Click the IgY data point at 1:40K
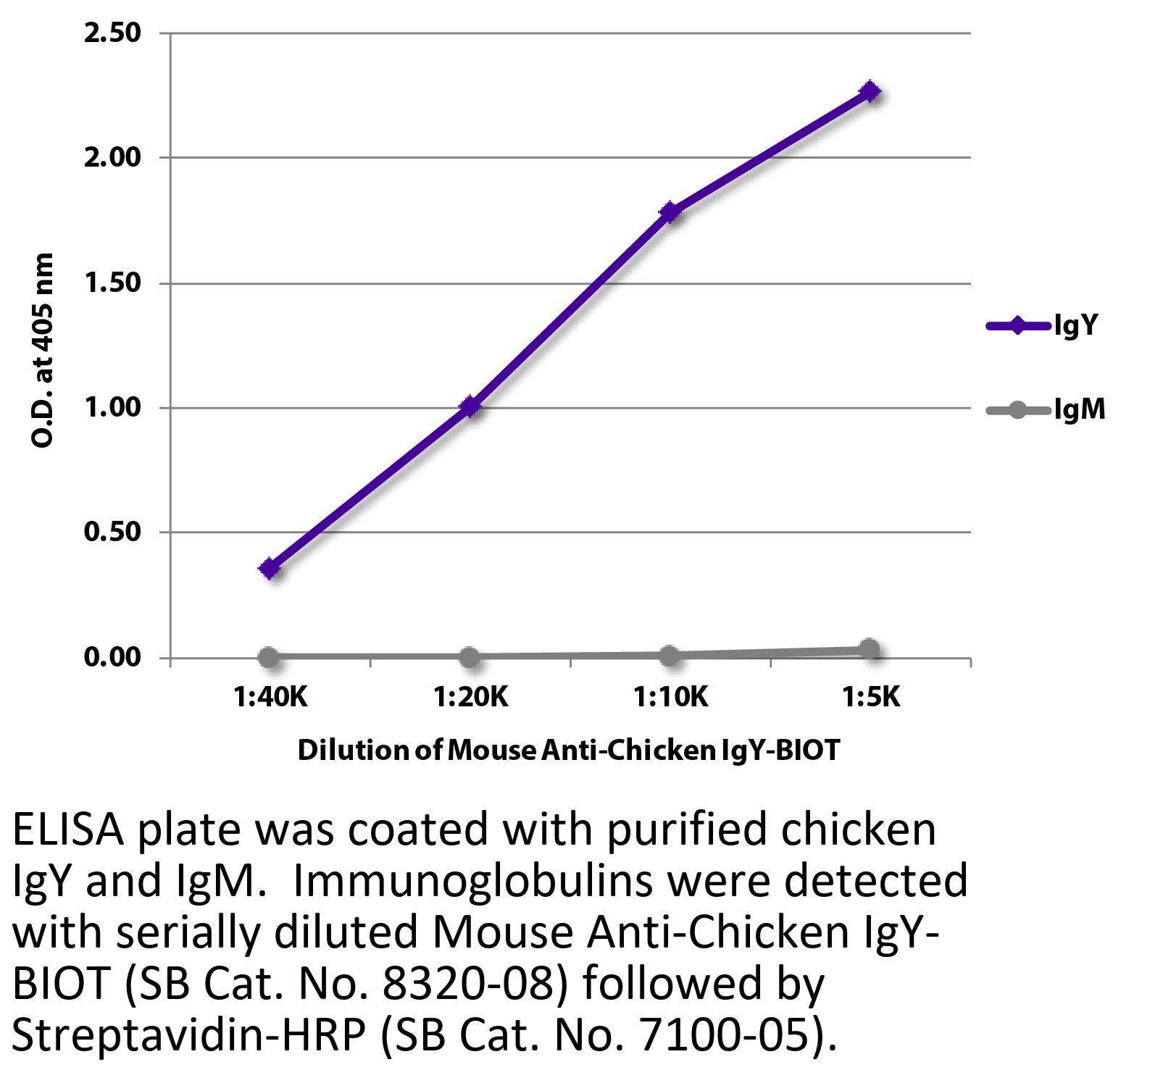270,569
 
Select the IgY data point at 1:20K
470,406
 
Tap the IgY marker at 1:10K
670,212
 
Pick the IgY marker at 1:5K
870,92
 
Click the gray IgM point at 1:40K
269,657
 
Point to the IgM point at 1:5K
870,649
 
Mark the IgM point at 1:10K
670,656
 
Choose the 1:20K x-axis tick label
471,697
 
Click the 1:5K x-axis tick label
870,697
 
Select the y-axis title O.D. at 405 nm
43,351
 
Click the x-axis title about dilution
568,750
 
